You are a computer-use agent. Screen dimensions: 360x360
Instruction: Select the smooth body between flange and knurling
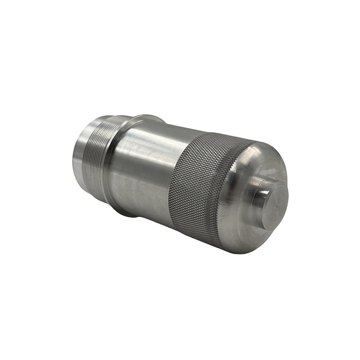coord(144,171)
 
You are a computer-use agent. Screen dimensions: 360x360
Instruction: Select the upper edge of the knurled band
coord(220,135)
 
